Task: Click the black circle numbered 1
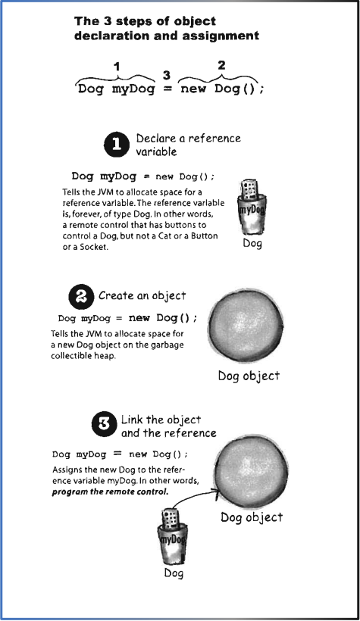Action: point(117,145)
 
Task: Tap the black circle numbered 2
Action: point(81,297)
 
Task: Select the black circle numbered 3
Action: point(105,425)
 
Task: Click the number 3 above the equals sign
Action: point(167,75)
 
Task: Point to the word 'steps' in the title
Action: point(132,21)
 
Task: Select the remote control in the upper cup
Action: point(249,191)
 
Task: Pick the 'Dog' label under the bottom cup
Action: point(174,573)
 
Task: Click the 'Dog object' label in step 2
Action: point(249,376)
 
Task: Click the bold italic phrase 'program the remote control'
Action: point(110,492)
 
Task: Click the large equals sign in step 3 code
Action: point(117,454)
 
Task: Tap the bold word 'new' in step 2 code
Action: point(139,317)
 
